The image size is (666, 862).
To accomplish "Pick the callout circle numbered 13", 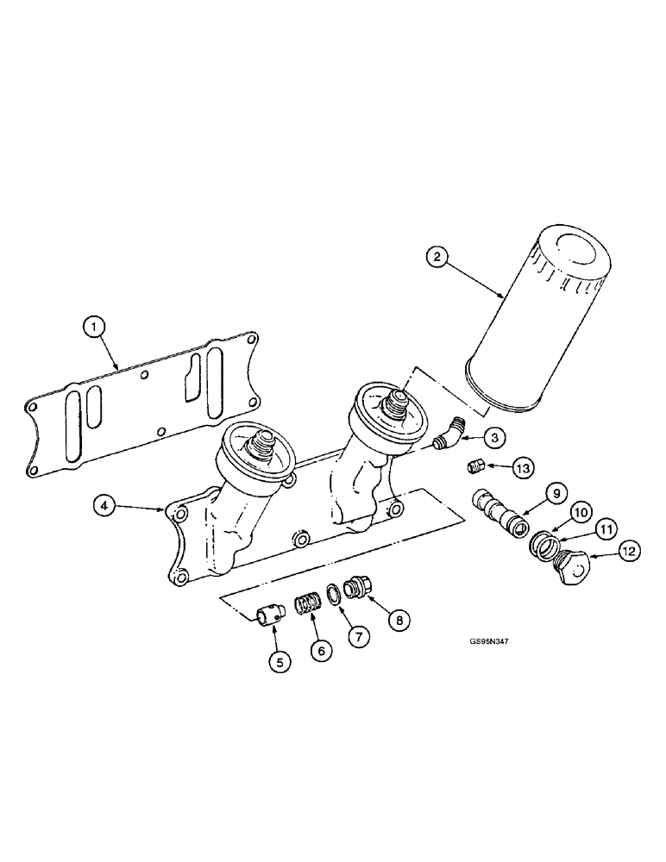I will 521,467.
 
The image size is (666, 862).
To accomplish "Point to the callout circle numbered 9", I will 556,495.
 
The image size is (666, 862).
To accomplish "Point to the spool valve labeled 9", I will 500,515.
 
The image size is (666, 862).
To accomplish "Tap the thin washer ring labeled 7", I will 331,594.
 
